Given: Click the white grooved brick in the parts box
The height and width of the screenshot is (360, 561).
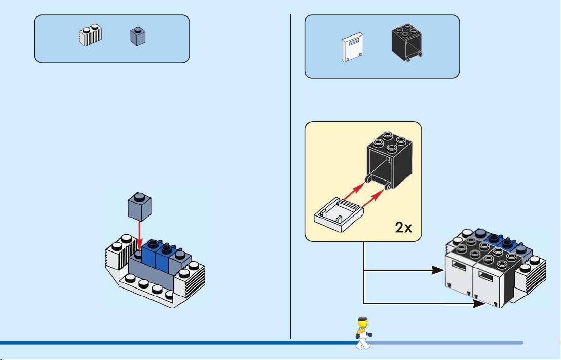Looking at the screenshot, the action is pos(90,34).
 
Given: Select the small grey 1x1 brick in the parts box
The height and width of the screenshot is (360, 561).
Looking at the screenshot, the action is pos(138,36).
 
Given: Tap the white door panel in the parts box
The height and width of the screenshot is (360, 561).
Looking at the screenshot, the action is pos(352,47).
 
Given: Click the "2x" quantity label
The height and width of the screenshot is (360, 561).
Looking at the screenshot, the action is pos(403,227).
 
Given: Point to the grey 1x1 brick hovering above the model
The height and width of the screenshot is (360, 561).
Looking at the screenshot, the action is pos(139,206).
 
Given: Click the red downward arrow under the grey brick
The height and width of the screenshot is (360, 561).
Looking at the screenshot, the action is pos(139,236).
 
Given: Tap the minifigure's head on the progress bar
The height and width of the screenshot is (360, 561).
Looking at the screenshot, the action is pos(363,321).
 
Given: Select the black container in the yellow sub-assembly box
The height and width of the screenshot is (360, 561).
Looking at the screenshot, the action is pos(390,160).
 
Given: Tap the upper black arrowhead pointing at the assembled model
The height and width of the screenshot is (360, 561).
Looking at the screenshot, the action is pos(438,270).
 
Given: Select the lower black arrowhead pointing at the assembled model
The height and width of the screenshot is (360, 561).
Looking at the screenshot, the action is pos(479,304).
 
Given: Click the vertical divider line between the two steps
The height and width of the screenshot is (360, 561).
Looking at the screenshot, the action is pos(290,176).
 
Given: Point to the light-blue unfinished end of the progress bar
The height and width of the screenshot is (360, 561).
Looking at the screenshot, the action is pos(447,343).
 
